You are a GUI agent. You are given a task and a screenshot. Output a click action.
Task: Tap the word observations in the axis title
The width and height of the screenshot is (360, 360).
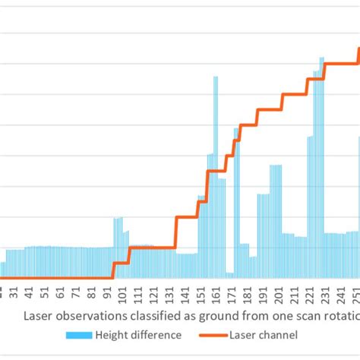pos(90,314)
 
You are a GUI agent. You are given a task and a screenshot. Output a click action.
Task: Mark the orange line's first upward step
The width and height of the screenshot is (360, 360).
pos(113,270)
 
